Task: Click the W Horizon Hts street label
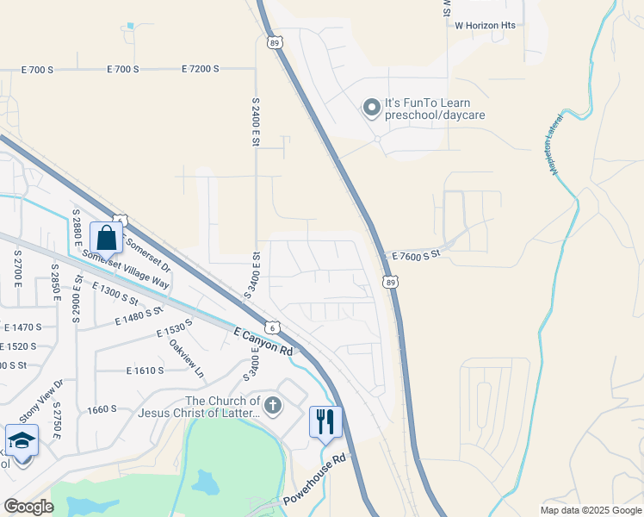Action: (x=485, y=25)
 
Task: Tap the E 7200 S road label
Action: (x=201, y=68)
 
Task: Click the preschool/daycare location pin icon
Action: (x=371, y=108)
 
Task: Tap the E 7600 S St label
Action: (x=416, y=255)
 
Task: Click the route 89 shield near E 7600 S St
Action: (x=391, y=282)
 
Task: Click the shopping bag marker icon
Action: (x=106, y=238)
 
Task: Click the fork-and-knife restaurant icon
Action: (x=325, y=421)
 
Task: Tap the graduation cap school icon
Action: (x=22, y=441)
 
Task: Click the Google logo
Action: (x=28, y=507)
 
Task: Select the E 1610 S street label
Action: (x=144, y=371)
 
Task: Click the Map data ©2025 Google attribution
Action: (x=590, y=510)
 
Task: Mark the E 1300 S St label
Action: (x=115, y=294)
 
